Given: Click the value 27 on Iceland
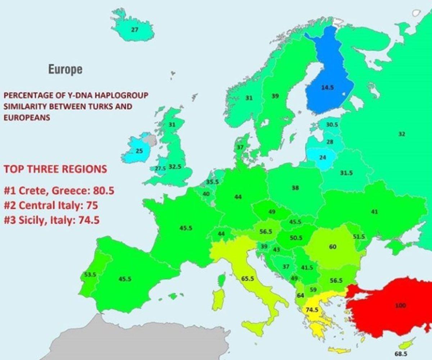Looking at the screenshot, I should click(x=134, y=30).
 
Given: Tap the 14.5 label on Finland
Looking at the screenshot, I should click(x=327, y=87).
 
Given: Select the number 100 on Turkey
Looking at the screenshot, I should click(x=400, y=306).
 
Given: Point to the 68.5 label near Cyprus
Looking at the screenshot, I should click(x=402, y=354).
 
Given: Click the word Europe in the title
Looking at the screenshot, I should click(x=65, y=69).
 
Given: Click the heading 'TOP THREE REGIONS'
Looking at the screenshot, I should click(x=55, y=169).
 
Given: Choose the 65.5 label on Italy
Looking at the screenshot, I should click(x=248, y=278).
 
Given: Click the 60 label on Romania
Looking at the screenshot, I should click(x=333, y=247).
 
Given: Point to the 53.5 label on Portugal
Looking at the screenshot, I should click(x=90, y=275).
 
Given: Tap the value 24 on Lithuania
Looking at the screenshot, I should click(x=323, y=157).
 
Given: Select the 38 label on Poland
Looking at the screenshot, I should click(x=295, y=187).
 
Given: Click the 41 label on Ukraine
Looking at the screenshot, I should click(x=374, y=212).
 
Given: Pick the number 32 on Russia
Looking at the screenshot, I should click(x=402, y=134).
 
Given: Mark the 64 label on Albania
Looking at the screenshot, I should click(x=301, y=295).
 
